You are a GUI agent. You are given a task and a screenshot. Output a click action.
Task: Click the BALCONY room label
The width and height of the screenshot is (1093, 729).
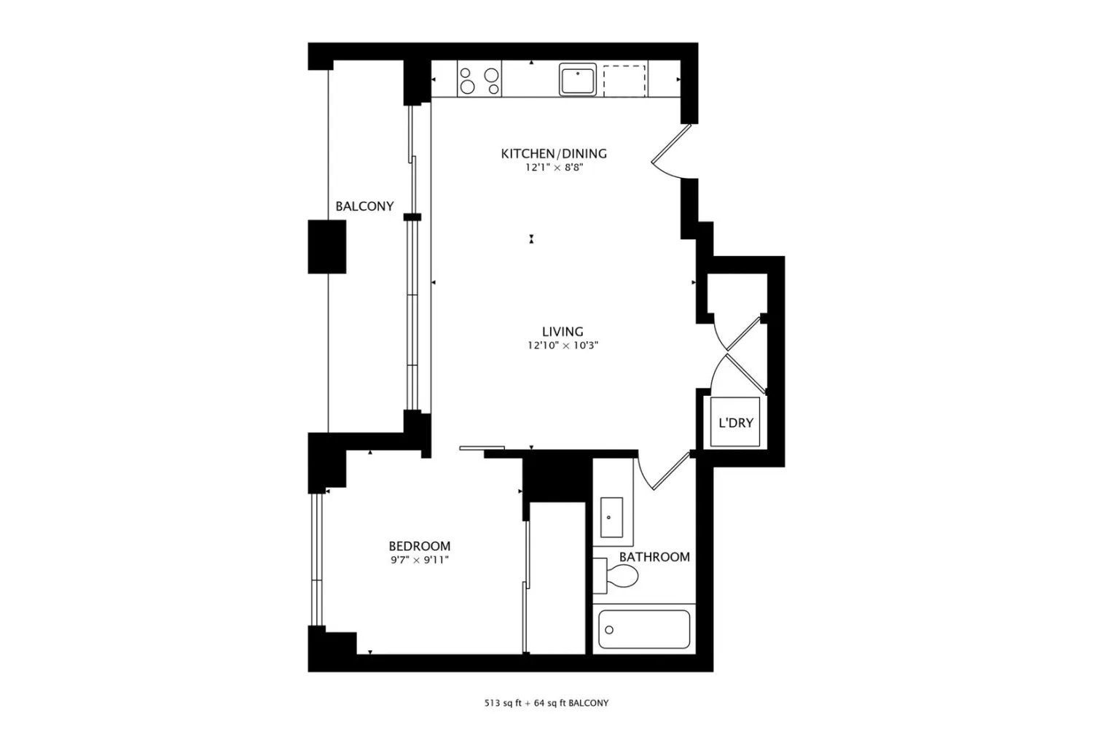click(364, 206)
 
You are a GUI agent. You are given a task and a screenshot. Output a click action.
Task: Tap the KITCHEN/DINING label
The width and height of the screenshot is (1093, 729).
click(554, 154)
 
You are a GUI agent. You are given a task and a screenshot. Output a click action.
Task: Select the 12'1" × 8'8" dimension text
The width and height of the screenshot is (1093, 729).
click(554, 168)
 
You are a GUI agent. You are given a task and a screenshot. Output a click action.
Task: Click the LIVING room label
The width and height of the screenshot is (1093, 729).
click(563, 332)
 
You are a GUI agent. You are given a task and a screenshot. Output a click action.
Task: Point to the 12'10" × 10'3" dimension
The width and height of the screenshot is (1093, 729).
click(563, 346)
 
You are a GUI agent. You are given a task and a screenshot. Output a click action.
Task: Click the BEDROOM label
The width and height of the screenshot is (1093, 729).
click(420, 546)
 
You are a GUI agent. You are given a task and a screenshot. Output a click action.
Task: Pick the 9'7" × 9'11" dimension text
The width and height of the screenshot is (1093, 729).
click(420, 560)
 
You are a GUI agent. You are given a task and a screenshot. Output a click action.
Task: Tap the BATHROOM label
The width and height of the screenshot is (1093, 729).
click(654, 557)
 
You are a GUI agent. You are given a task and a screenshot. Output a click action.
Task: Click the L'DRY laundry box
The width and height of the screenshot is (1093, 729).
click(734, 422)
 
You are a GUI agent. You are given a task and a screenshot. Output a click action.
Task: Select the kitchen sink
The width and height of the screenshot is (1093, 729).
click(578, 79)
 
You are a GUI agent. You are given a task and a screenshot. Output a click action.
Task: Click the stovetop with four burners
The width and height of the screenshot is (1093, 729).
click(479, 79)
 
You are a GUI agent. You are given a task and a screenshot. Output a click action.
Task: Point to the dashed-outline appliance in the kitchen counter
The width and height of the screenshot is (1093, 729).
click(625, 81)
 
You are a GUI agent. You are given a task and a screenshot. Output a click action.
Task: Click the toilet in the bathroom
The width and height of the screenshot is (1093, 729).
click(616, 576)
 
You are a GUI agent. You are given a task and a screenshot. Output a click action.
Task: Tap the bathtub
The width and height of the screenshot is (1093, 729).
click(644, 629)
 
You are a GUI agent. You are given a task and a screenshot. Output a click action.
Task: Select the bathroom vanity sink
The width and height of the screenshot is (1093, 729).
click(611, 518)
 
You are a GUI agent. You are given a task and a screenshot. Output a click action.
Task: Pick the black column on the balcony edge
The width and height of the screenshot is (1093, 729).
click(327, 246)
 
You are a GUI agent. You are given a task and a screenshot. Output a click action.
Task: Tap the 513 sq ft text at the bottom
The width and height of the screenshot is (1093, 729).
click(504, 703)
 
